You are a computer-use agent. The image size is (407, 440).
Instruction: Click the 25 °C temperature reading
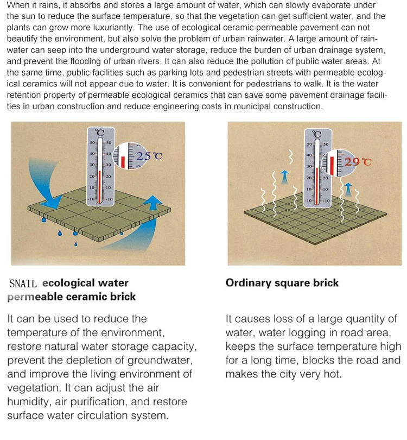click(x=149, y=156)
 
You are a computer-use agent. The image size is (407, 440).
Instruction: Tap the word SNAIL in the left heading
click(x=23, y=284)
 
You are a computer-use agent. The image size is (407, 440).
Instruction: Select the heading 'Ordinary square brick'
click(x=282, y=283)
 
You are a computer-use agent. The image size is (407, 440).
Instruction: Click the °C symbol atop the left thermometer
click(x=99, y=133)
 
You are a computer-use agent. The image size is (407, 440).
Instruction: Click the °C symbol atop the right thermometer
click(x=317, y=134)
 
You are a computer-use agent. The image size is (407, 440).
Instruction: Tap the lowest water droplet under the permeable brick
click(x=75, y=244)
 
